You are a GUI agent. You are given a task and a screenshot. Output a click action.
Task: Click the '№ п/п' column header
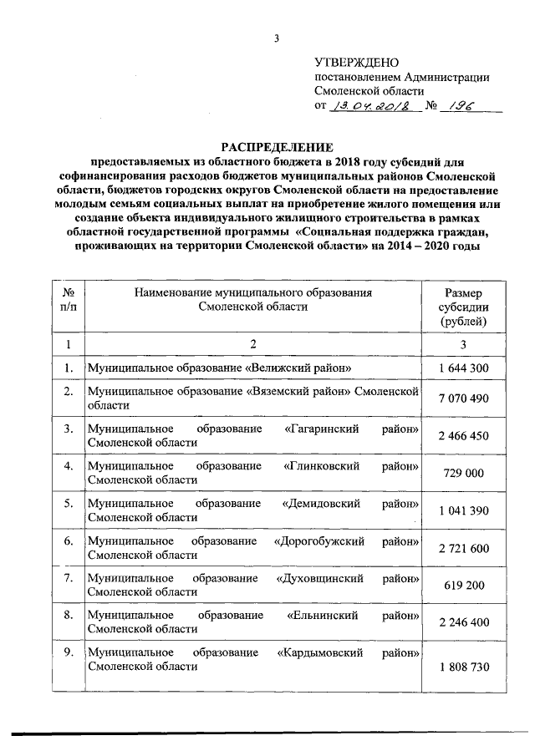coord(67,299)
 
